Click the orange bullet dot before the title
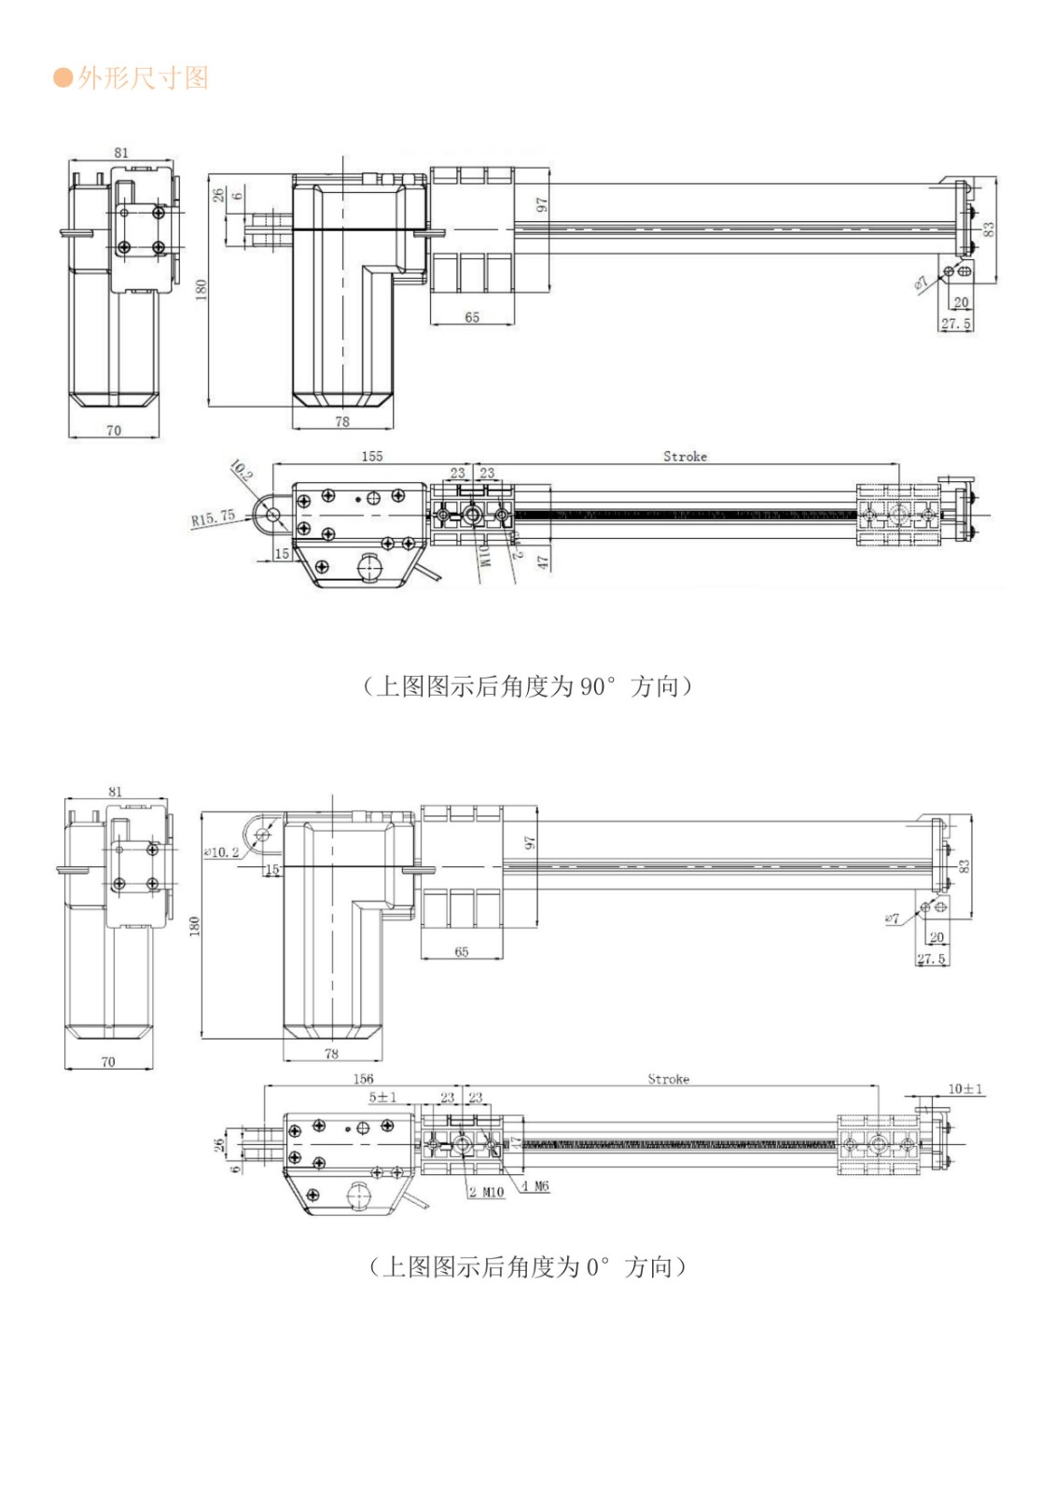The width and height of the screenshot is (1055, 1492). click(x=62, y=78)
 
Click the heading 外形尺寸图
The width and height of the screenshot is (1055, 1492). click(x=143, y=78)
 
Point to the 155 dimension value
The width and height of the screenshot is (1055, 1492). click(x=371, y=456)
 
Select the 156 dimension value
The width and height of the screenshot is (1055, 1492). click(x=363, y=1079)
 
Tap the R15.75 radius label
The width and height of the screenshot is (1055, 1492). click(x=213, y=518)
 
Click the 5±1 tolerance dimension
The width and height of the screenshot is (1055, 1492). click(x=382, y=1097)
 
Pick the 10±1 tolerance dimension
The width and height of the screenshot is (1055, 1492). click(x=965, y=1088)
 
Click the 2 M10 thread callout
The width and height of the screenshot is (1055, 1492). click(x=486, y=1192)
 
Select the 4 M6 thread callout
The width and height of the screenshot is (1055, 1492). click(x=535, y=1186)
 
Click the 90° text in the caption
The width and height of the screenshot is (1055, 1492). click(x=598, y=687)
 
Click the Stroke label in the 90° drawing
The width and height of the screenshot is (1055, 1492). click(x=685, y=456)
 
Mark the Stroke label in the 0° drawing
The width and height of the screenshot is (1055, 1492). click(x=668, y=1079)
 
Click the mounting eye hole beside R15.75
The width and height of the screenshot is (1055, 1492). click(x=273, y=513)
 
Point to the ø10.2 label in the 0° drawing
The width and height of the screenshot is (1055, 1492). click(x=221, y=852)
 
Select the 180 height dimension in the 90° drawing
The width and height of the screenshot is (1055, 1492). click(x=201, y=290)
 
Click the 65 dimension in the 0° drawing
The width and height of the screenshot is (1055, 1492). click(x=461, y=952)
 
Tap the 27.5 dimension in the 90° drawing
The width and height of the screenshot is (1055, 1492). click(x=955, y=324)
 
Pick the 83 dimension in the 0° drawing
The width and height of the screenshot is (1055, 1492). click(x=965, y=866)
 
